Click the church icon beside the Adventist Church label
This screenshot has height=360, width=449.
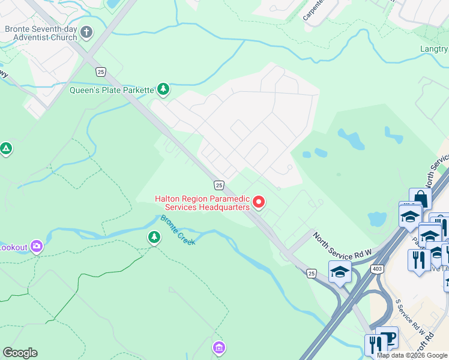point(86,32)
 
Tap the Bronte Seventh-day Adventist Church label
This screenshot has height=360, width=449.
point(41,33)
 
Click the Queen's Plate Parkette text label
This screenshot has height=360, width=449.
point(112,91)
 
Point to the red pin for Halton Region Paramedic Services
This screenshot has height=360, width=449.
point(259,202)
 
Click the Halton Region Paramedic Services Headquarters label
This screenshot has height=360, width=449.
point(202,203)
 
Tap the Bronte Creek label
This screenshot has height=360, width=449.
point(178,229)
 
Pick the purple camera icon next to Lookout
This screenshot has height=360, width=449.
point(37,246)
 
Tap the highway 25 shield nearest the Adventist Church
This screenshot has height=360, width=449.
point(100,71)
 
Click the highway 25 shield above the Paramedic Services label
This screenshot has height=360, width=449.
point(219,185)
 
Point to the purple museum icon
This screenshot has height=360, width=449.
point(219,347)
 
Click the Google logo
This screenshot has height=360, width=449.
point(20,353)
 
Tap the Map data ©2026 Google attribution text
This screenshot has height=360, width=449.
point(412,355)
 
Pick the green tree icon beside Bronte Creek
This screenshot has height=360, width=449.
point(154,238)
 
